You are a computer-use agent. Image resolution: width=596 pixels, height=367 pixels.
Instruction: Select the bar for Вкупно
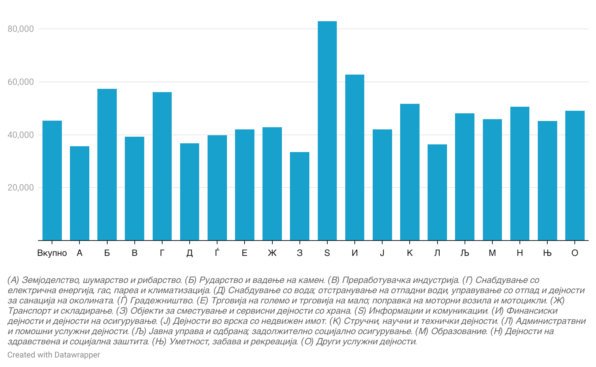click(x=52, y=181)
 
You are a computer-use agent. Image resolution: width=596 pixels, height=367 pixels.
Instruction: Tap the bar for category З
click(x=299, y=196)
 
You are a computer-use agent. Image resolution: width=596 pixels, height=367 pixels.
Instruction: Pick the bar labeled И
click(x=354, y=158)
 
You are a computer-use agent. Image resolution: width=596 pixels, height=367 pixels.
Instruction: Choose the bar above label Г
click(x=162, y=166)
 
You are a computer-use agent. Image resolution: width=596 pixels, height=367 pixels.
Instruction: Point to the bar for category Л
click(x=437, y=192)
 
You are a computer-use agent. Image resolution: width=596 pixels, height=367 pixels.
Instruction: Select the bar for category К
click(x=410, y=172)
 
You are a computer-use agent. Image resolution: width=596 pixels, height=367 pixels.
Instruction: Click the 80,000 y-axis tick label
click(x=21, y=29)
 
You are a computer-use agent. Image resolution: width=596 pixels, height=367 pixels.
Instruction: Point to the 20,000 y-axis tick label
click(x=21, y=188)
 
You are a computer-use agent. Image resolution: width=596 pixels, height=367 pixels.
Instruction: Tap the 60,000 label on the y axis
click(x=21, y=82)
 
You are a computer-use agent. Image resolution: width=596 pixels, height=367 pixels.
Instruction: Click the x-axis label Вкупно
click(x=52, y=253)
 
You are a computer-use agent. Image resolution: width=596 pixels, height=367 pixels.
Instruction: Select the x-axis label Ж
click(x=272, y=253)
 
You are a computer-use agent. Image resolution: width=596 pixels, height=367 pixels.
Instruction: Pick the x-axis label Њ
click(x=547, y=253)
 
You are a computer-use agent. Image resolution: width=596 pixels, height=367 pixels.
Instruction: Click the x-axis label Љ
click(x=465, y=253)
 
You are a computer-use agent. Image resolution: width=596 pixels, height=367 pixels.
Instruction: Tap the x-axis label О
click(x=575, y=253)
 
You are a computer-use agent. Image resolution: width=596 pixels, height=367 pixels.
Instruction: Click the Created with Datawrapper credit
click(x=54, y=355)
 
